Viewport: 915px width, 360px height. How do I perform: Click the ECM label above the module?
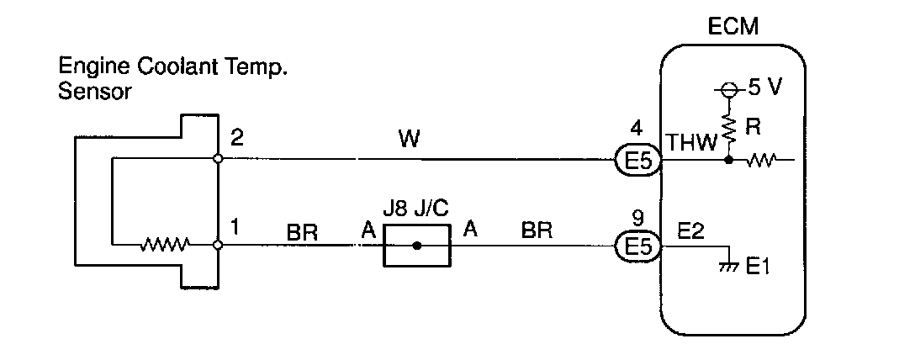[x=733, y=28]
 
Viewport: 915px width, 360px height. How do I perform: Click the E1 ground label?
[x=759, y=268]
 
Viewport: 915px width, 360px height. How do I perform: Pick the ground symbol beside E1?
[x=728, y=265]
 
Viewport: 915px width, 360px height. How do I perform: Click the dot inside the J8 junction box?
[x=417, y=246]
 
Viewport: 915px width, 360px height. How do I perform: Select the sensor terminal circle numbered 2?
[x=218, y=158]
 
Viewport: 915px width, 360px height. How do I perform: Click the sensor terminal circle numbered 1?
[x=218, y=246]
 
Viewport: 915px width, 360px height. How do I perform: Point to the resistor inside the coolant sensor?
[x=165, y=246]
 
